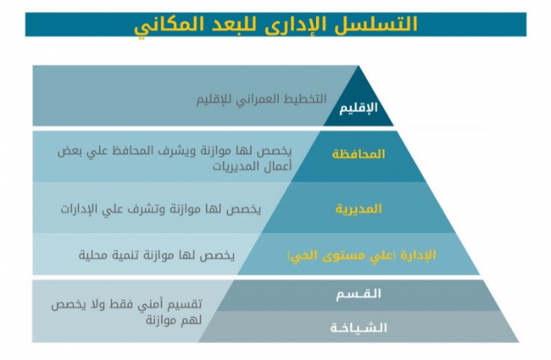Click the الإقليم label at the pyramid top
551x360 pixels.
point(359,108)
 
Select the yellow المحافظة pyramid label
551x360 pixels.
point(359,154)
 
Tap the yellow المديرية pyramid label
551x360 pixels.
point(359,208)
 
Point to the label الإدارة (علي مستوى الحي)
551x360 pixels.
point(362,255)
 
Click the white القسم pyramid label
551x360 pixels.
point(359,293)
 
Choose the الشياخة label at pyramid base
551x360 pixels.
point(359,328)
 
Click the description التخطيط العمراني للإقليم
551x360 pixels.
point(261,99)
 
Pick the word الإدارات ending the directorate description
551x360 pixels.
point(78,209)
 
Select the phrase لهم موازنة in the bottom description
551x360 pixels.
point(174,320)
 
